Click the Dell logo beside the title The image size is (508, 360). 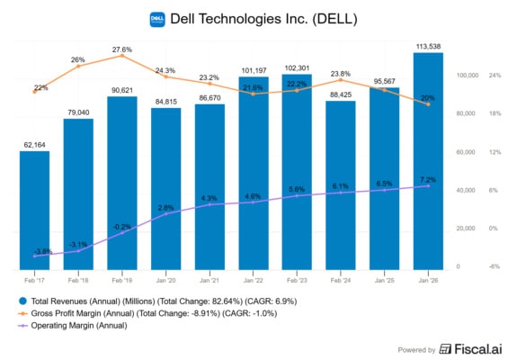click(x=157, y=20)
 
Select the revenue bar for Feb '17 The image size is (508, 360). click(x=35, y=211)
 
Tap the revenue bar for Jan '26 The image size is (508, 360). click(x=428, y=161)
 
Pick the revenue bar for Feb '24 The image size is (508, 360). click(x=341, y=185)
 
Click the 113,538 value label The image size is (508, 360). click(x=428, y=47)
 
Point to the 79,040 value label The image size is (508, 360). click(x=78, y=112)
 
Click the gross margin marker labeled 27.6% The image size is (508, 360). click(x=122, y=56)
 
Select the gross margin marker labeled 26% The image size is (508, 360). click(x=78, y=67)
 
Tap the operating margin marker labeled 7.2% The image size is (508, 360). click(x=428, y=186)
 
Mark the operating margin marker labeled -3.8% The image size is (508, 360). click(x=35, y=256)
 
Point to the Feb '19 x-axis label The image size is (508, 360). click(x=122, y=280)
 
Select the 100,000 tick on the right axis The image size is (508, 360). click(x=468, y=76)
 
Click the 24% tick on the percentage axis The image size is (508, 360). click(x=495, y=76)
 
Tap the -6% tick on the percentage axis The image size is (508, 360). click(x=495, y=266)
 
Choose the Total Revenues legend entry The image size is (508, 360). click(x=158, y=301)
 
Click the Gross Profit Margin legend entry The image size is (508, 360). click(x=148, y=313)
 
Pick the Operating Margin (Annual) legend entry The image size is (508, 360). click(x=73, y=326)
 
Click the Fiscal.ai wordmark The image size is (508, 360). click(x=471, y=349)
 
